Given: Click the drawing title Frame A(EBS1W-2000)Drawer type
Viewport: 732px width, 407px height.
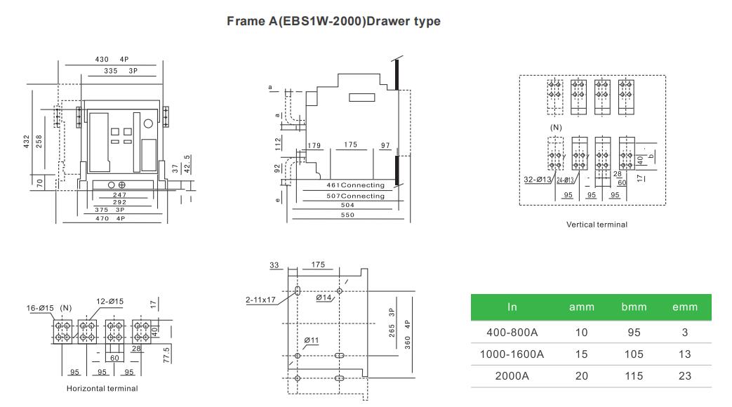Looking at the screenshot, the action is coord(333,22).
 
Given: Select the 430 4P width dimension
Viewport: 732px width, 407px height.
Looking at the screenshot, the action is coord(112,59).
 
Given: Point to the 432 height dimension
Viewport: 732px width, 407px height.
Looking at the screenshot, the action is coord(26,142).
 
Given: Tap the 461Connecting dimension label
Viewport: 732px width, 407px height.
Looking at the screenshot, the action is coord(355,185).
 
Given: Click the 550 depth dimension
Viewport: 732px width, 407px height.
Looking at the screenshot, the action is coord(347,215).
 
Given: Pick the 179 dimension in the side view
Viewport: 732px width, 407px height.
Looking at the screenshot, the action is coord(314,146).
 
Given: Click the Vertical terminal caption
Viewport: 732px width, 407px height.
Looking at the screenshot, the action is coord(597,225).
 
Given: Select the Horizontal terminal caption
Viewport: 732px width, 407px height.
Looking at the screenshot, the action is coord(102,388).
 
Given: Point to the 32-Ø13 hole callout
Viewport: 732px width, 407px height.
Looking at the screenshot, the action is coord(538,179).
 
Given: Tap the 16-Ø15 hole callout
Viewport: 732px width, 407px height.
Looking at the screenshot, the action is coord(40,308).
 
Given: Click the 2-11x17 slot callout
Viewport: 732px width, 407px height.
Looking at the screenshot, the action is coord(260,300).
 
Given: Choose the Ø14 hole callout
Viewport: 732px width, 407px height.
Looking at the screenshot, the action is coord(324,298).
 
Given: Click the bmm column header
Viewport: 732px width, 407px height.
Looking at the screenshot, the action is coord(634,307).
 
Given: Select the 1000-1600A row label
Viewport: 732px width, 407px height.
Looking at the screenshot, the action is coord(512,354).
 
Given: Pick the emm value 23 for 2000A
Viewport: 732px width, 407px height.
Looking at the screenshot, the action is coord(684,375).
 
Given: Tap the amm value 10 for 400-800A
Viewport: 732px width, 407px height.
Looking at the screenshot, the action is coord(581,333).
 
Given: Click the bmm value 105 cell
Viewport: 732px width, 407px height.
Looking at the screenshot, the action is coord(634,354).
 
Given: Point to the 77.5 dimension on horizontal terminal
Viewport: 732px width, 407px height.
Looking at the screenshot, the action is coord(166,355).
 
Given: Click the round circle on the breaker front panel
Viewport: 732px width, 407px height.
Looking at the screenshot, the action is coord(148,124).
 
